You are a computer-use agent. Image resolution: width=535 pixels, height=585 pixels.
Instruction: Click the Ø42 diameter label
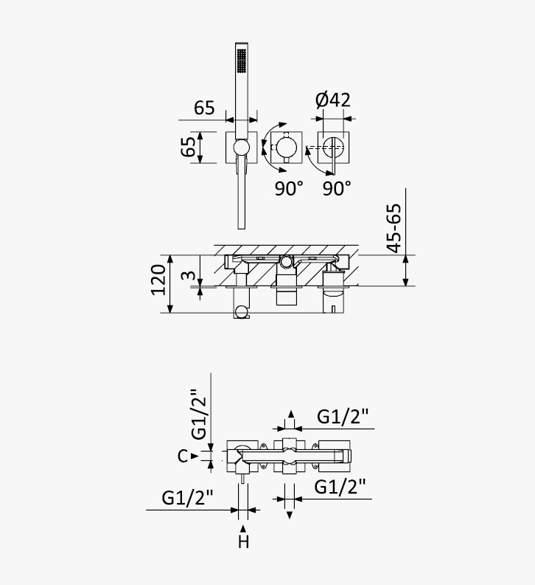(332, 100)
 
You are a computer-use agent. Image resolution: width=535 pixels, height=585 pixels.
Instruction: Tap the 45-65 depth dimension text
(394, 229)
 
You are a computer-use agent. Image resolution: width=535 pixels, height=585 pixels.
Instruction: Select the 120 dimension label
(158, 280)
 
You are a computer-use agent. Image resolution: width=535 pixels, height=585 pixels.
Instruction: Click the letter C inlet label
(183, 456)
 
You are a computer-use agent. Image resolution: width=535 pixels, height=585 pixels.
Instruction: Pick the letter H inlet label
(243, 541)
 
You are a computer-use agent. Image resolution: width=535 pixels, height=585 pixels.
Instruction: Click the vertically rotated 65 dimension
(188, 147)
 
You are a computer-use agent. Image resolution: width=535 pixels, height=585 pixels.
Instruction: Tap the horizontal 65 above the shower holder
(204, 108)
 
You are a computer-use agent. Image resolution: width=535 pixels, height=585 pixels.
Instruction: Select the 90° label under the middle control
(289, 188)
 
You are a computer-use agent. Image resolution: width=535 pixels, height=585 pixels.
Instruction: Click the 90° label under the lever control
(337, 188)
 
